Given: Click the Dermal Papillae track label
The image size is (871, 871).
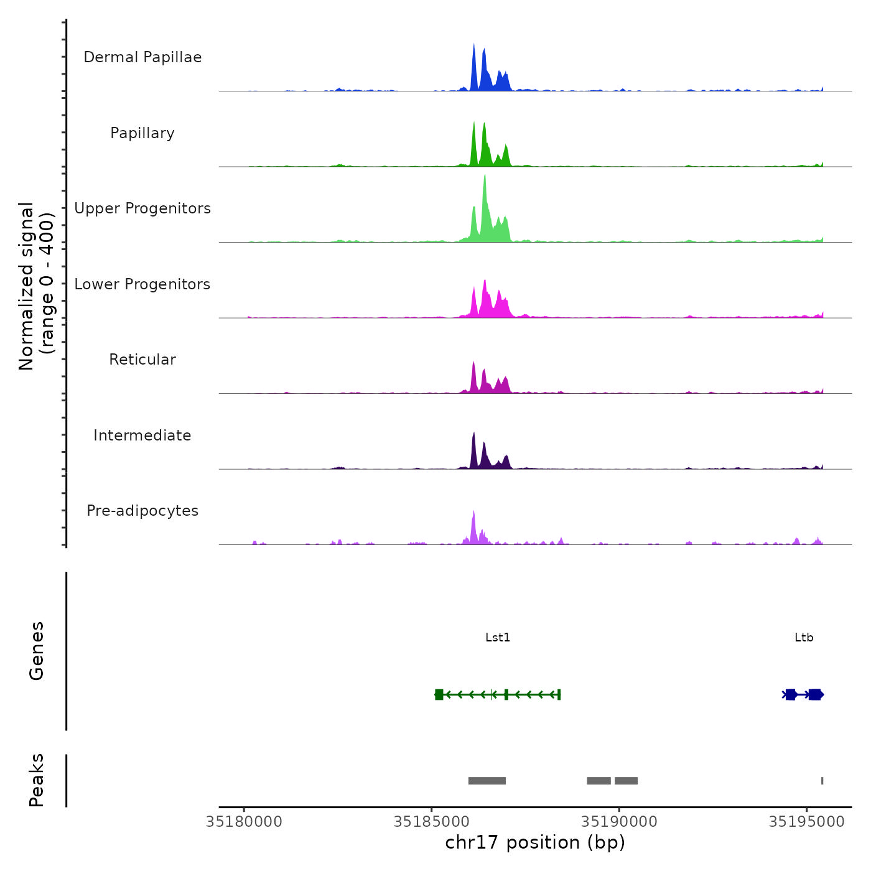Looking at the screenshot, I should [142, 57].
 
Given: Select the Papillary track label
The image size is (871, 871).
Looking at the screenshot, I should [142, 133].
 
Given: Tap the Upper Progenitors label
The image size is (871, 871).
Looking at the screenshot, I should [142, 208].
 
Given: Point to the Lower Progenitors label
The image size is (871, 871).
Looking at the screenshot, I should [142, 284].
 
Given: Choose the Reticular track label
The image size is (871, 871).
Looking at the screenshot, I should [142, 360].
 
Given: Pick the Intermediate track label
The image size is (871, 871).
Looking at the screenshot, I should [142, 435].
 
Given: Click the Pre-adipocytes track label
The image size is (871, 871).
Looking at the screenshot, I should [142, 511].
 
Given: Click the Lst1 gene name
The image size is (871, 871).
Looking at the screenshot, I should [498, 637].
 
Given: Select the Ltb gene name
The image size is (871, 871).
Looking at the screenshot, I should [804, 637].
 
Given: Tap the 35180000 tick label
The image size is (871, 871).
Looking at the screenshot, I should [244, 822].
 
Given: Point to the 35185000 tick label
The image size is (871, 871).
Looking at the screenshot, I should [432, 822].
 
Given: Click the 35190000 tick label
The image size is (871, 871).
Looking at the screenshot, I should [619, 822].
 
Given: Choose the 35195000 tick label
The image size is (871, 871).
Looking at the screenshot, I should [807, 822].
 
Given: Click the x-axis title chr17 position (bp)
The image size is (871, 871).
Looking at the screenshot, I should [535, 842].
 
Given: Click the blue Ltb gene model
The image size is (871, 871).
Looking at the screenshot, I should [803, 694].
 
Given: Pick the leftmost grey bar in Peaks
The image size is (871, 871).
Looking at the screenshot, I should [487, 781].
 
